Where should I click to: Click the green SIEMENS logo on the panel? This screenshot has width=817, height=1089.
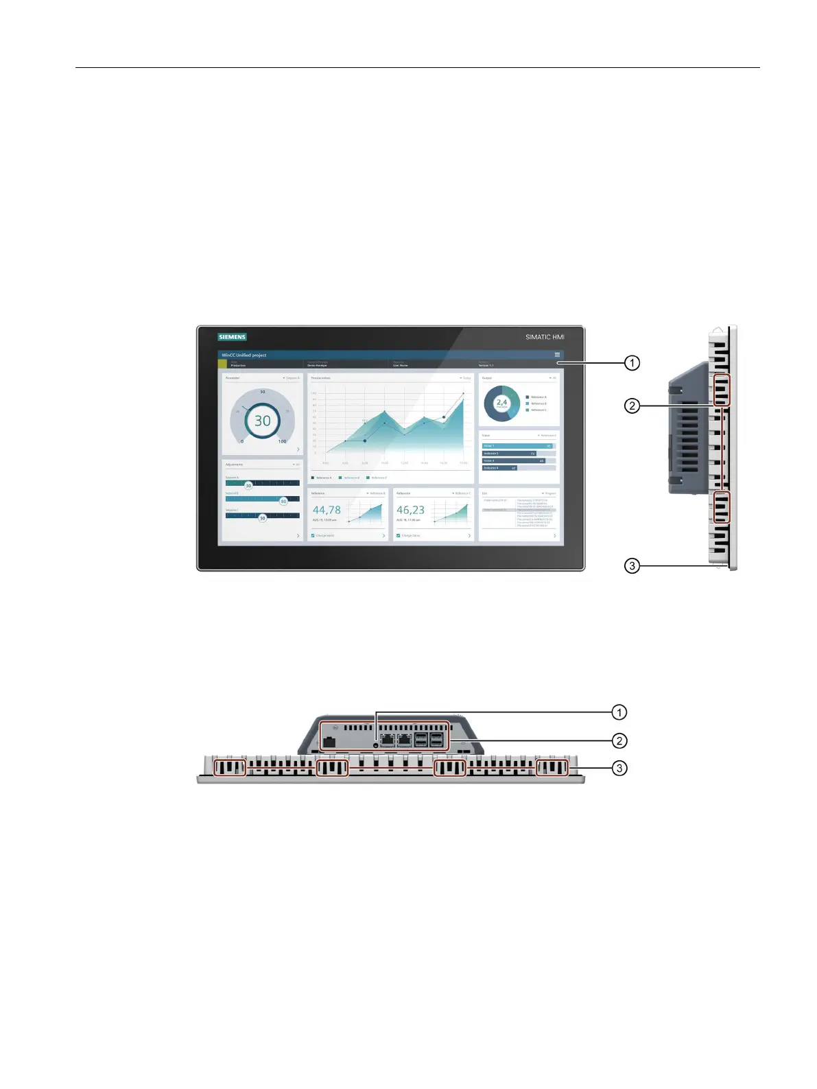coord(232,337)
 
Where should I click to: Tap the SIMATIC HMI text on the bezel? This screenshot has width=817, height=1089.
coord(545,337)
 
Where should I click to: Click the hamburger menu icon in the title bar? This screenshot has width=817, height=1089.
coord(557,355)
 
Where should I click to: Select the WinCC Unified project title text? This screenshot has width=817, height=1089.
coord(244,355)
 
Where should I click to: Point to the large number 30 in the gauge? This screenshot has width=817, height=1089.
coord(263,421)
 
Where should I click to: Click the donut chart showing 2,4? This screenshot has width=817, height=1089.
coord(502,403)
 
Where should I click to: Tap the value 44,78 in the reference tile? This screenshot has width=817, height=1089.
coord(327,510)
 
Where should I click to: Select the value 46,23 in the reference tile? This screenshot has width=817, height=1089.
coord(410,510)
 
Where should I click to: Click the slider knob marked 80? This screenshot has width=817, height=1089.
coord(283,501)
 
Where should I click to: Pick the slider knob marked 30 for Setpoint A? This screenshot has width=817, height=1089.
coord(248,485)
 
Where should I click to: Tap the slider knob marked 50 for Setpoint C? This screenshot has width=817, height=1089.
coord(262,518)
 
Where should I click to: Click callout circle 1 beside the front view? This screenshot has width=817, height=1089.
coord(632,363)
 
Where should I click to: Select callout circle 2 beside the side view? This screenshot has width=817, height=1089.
coord(632,406)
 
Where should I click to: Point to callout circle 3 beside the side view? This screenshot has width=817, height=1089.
coord(632,566)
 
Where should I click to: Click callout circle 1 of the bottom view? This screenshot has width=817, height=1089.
coord(619,712)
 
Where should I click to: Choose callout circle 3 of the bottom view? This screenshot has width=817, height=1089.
coord(619,768)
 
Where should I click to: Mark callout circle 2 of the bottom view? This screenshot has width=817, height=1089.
coord(619,740)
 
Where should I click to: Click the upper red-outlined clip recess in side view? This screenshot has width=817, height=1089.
coord(722,390)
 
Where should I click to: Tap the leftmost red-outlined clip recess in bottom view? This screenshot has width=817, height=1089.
coord(230,768)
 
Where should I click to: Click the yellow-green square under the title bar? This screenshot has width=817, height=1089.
coord(222,364)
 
